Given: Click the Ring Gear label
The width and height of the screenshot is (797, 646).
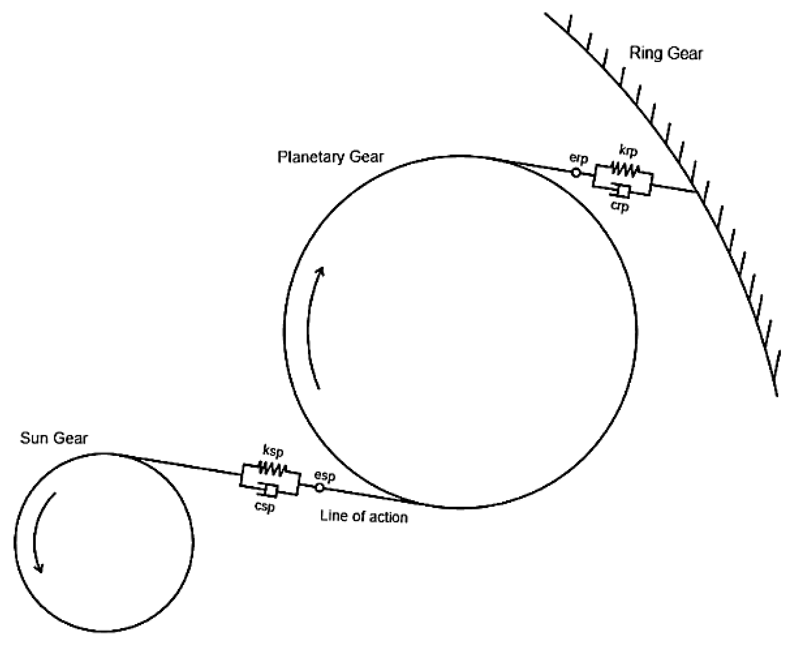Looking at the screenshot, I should coord(666,53).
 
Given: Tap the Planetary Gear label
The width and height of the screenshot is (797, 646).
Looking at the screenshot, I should coord(331,157).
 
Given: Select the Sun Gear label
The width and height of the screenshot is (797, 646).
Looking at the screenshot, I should coord(54,438).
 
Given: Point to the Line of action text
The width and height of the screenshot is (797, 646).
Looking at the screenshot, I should coord(364,517).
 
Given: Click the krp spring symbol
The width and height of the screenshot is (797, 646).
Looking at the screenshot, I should coord(625,170).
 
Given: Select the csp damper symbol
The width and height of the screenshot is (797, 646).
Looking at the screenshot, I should coord(268,490).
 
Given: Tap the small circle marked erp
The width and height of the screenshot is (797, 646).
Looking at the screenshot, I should coord(575,173).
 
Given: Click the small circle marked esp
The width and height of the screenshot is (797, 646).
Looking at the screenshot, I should coord(319,488).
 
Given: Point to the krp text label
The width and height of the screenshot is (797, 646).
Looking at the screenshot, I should coord(628,151).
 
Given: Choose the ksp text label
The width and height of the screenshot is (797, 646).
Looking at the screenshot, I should coord(273,451).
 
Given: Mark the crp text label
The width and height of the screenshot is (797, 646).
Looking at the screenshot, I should coord(619,206).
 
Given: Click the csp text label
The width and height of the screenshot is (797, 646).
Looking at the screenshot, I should coord(265,507).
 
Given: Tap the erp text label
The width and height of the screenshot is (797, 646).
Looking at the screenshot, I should coord(579,158).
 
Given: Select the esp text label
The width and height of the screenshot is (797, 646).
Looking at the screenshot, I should coord(324,476).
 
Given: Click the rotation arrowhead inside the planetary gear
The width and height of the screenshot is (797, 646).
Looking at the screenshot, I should coord(320,272).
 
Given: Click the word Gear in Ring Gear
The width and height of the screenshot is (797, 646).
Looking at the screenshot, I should coord(685,53).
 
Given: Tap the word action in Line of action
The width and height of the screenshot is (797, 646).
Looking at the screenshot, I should coord(387,517).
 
